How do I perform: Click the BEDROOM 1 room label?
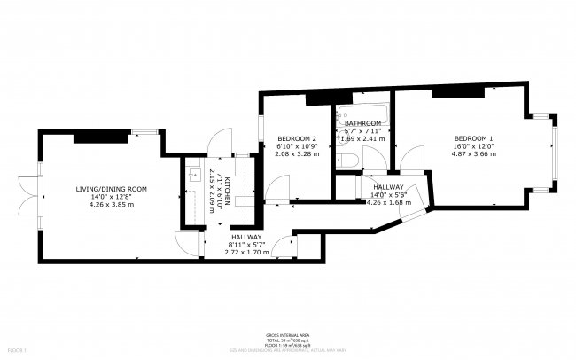point(473,139)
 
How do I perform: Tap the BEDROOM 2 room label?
point(298,139)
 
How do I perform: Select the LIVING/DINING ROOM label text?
point(111,189)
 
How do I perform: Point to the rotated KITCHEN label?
point(228,191)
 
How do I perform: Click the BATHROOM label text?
point(362,123)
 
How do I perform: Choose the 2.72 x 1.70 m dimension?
point(247,253)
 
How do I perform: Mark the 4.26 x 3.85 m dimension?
point(111,205)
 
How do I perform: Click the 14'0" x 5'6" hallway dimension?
point(388,194)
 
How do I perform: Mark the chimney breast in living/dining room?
point(91,136)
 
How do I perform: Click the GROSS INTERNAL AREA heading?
point(287,335)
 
